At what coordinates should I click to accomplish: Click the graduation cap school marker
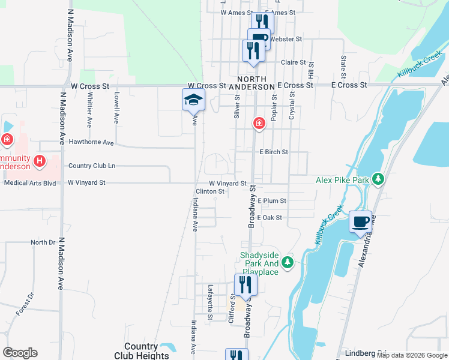[x=193, y=100]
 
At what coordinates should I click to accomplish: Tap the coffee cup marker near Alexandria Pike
[x=360, y=222]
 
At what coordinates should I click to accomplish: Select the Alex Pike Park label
[x=342, y=179]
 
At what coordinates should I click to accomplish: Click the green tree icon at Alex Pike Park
[x=378, y=179]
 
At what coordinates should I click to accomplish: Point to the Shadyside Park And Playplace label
[x=260, y=263]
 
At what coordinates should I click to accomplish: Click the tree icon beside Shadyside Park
[x=288, y=262]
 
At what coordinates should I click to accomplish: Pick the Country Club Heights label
[x=141, y=351]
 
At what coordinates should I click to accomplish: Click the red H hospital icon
[x=40, y=160]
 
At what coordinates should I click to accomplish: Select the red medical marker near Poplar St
[x=259, y=124]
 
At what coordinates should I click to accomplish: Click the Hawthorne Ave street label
[x=91, y=143]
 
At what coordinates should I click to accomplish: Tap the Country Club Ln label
[x=92, y=166]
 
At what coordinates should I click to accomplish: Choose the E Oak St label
[x=269, y=218]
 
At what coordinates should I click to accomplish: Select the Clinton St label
[x=209, y=192]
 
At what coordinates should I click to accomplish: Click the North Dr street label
[x=43, y=242]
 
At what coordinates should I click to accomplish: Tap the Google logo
[x=20, y=353]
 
